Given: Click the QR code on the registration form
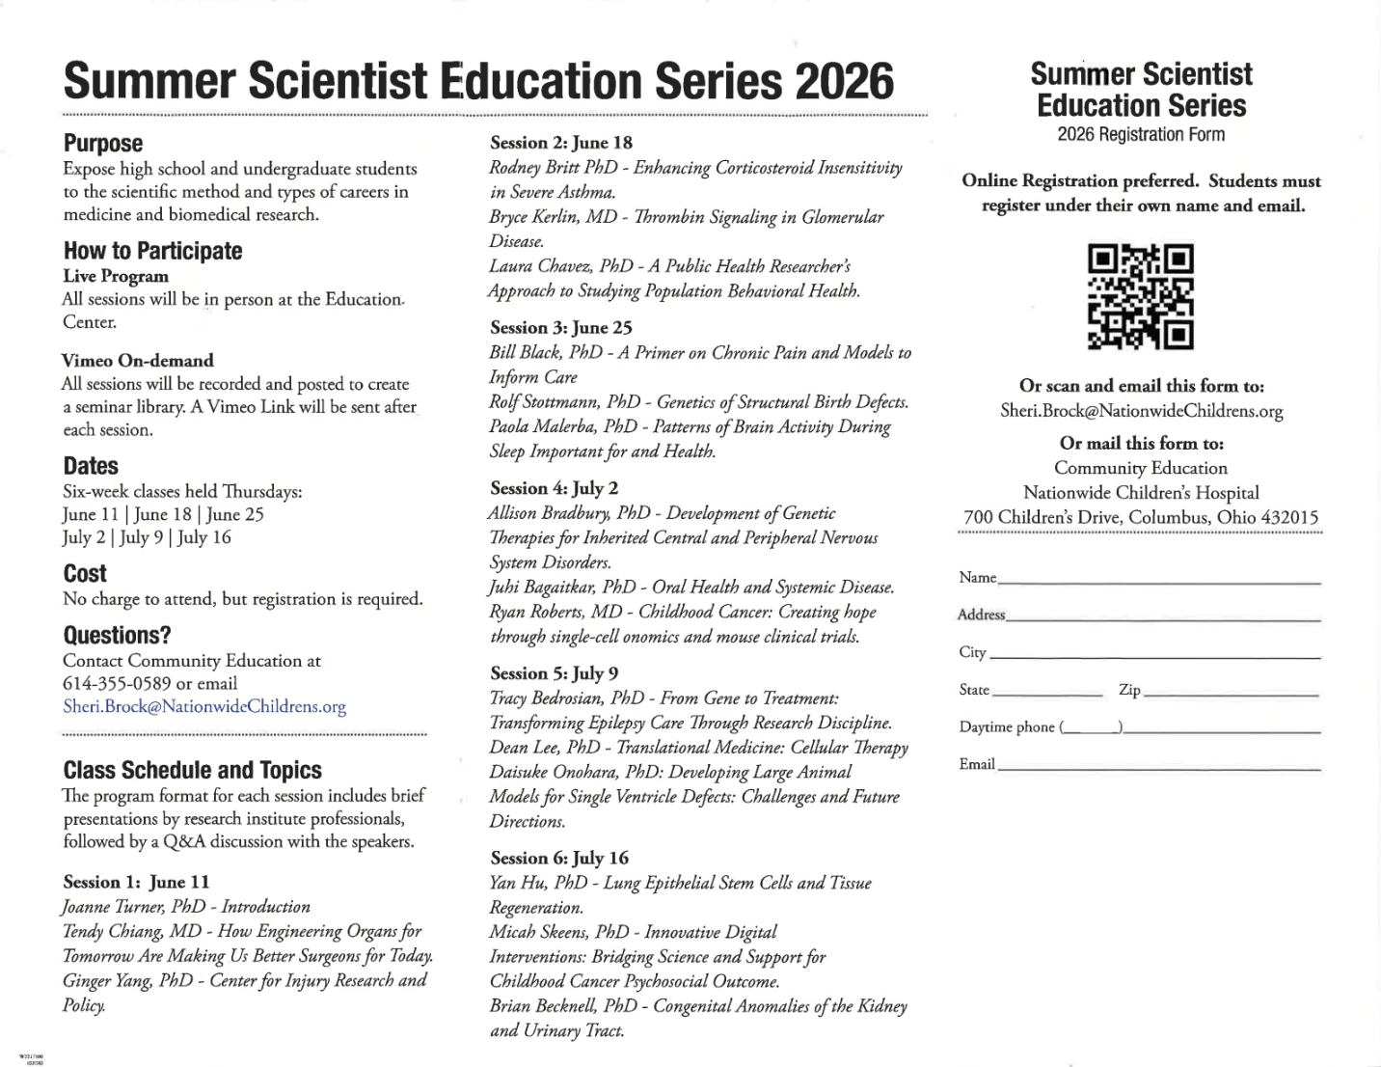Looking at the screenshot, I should [x=1141, y=296].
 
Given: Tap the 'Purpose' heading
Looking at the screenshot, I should [x=103, y=144].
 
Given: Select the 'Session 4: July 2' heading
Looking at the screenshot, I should [x=555, y=488].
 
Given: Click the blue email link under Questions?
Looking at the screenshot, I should [x=204, y=706].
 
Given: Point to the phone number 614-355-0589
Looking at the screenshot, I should [x=117, y=684].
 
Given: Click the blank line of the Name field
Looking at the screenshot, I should [x=1159, y=582].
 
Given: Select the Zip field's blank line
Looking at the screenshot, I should [x=1232, y=694].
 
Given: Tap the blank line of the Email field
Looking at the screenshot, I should [x=1159, y=768].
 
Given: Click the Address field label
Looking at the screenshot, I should [x=982, y=615].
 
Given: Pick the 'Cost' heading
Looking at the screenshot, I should [x=85, y=574].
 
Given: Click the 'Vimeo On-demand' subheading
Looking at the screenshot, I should [x=138, y=361].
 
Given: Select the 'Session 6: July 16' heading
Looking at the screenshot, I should [x=559, y=858].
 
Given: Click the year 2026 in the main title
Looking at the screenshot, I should [x=845, y=82].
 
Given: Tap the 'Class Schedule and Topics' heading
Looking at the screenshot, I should [x=193, y=770].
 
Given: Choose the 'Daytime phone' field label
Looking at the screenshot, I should [x=1007, y=727].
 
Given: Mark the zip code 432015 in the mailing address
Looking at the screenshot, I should [x=1289, y=517].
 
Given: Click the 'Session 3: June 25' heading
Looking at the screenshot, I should [x=561, y=328].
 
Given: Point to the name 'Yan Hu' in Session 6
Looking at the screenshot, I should [x=517, y=883].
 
